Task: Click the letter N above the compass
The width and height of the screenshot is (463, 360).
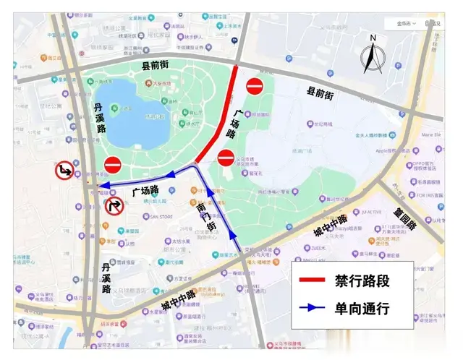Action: coord(373,38)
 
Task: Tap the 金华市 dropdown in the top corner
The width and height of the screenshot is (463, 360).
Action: coord(406,23)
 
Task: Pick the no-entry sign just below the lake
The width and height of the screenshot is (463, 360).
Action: coord(113,165)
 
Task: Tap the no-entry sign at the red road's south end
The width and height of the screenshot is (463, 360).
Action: coord(226,156)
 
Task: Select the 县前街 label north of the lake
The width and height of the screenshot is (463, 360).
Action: coord(154,66)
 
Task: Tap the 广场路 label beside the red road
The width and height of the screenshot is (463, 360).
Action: coord(234,124)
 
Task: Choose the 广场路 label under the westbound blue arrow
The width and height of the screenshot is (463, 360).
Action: coord(145,192)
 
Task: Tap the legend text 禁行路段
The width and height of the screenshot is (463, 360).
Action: coord(362,280)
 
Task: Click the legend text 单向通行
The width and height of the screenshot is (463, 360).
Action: coord(362,309)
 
